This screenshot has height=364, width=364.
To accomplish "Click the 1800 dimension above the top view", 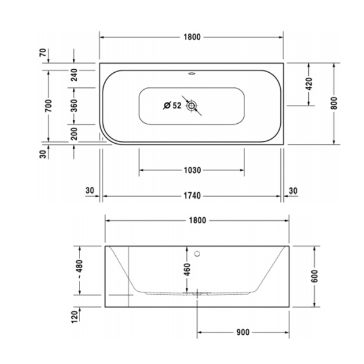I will tap(192, 37).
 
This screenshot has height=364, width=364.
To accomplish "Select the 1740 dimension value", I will tap(192, 196).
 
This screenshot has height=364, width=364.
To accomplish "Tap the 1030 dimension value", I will tap(192, 170).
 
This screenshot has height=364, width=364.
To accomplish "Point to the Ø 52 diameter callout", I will tap(172, 106).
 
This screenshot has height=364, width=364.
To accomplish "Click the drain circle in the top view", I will tap(192, 106).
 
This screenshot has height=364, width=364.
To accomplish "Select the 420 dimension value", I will tap(308, 84).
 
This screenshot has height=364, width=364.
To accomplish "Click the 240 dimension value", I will tap(74, 75).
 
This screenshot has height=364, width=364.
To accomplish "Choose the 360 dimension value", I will tap(74, 105).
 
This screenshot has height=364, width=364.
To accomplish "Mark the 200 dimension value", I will tap(74, 134).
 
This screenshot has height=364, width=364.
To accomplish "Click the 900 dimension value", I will tap(243, 332).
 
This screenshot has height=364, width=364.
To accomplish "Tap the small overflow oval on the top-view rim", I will tap(192, 76).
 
